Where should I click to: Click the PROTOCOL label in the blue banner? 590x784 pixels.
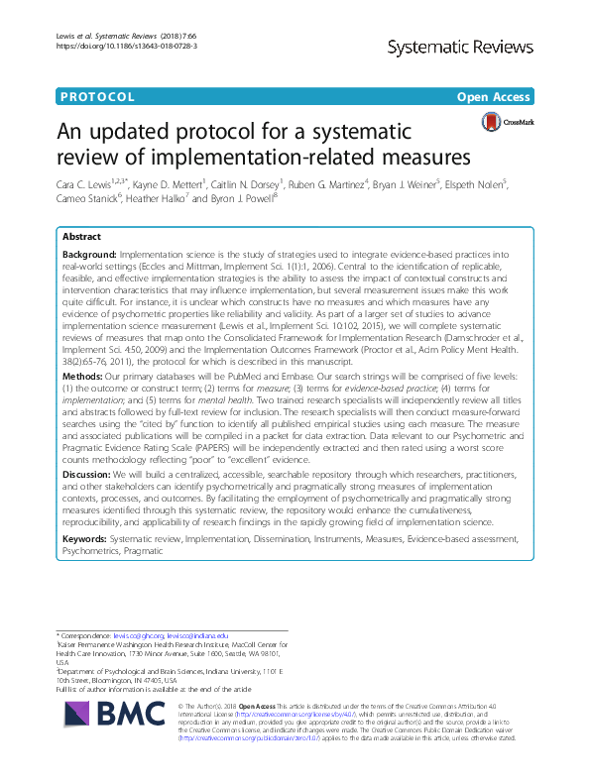(97, 96)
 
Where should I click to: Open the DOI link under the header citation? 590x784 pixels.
(110, 46)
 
